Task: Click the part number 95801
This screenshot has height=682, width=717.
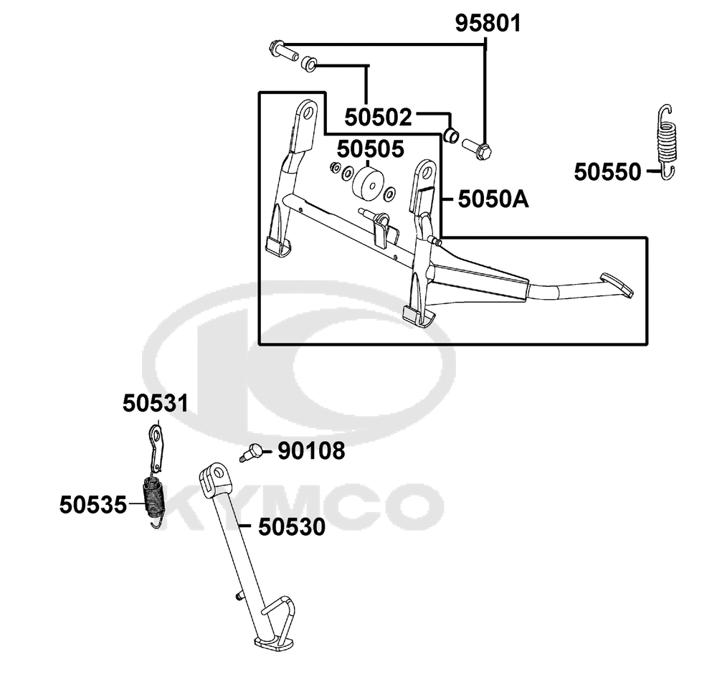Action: coord(488,24)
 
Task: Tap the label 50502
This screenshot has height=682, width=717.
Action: coord(378,118)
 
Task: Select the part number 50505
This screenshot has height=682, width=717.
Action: coord(371,149)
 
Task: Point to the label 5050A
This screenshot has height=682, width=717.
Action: coord(493,199)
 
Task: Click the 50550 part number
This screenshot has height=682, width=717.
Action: coord(608,172)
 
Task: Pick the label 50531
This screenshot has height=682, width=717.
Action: coord(156,404)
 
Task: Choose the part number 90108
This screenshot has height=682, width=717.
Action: coord(311,451)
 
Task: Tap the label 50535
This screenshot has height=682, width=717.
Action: coord(92,506)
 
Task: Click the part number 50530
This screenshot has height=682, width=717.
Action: coord(292,527)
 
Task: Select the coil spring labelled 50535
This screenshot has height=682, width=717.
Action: coord(154,500)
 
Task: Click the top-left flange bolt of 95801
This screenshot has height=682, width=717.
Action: coord(282,50)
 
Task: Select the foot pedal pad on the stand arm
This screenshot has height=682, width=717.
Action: coord(617,285)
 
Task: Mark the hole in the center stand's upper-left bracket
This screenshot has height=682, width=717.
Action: coord(308,112)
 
